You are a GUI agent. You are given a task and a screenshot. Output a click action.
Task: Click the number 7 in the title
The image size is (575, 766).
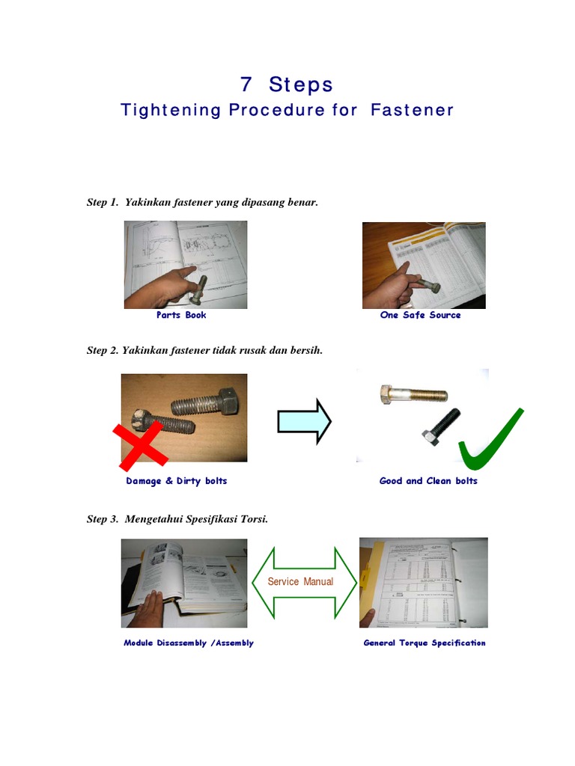tap(247, 84)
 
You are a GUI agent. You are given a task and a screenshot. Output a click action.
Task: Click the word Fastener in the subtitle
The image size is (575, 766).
tap(412, 110)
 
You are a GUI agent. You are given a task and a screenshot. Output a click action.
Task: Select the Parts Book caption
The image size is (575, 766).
tap(181, 315)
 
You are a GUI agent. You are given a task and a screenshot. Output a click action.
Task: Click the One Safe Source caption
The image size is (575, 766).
tap(420, 315)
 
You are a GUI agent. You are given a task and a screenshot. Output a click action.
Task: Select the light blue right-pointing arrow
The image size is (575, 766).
tap(304, 422)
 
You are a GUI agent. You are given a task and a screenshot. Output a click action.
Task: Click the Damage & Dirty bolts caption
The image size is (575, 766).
tap(177, 481)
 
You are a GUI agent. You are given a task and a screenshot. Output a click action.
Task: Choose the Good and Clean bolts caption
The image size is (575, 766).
tap(428, 481)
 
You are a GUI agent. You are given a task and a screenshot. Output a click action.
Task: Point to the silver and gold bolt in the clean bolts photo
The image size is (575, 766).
tap(413, 394)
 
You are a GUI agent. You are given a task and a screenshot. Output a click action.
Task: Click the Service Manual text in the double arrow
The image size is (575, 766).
tap(303, 581)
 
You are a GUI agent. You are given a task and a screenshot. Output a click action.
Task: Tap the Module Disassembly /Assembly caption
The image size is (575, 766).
tap(189, 643)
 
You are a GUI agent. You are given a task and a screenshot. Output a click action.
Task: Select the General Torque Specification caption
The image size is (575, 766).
tap(425, 643)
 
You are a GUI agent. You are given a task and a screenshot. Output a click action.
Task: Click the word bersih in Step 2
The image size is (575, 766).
tap(307, 350)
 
